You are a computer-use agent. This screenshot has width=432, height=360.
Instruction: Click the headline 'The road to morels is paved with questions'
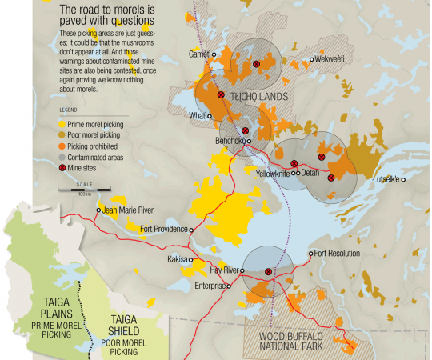(x=118, y=15)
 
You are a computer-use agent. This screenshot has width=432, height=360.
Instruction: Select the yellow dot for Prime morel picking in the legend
(x=63, y=125)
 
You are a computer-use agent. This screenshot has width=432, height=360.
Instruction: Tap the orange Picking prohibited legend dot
(x=63, y=147)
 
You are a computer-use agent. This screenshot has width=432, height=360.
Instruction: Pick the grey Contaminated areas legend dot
(x=63, y=158)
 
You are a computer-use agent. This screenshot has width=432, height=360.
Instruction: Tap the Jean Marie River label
(x=128, y=210)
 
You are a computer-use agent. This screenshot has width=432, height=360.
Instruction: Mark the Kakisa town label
(x=178, y=260)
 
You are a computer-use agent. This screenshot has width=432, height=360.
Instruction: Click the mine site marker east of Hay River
(x=268, y=272)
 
